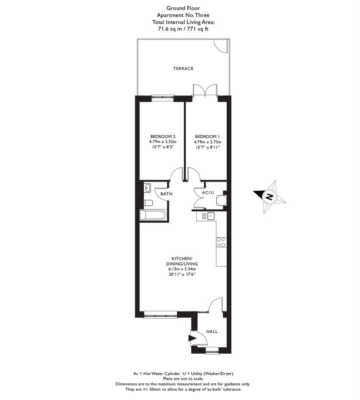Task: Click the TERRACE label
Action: tap(183, 69)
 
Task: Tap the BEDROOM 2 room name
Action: tap(163, 136)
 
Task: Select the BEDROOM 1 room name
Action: tap(207, 136)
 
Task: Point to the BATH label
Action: tap(166, 194)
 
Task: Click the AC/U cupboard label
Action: tap(208, 192)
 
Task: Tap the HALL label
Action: tap(212, 331)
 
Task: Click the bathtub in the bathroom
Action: tap(153, 215)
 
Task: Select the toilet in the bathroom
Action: tap(148, 203)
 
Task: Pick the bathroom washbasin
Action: tap(147, 188)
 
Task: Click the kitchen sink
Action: tap(211, 216)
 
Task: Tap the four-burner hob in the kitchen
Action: tap(221, 242)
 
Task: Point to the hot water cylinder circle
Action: tap(221, 200)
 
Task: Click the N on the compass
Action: tap(269, 197)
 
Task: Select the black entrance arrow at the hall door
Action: tap(192, 338)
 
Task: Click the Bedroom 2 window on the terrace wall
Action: tap(162, 97)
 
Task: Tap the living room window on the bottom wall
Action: tap(160, 314)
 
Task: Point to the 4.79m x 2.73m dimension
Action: tap(207, 142)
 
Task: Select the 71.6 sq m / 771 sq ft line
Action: tap(183, 29)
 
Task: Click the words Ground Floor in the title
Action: tap(183, 8)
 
